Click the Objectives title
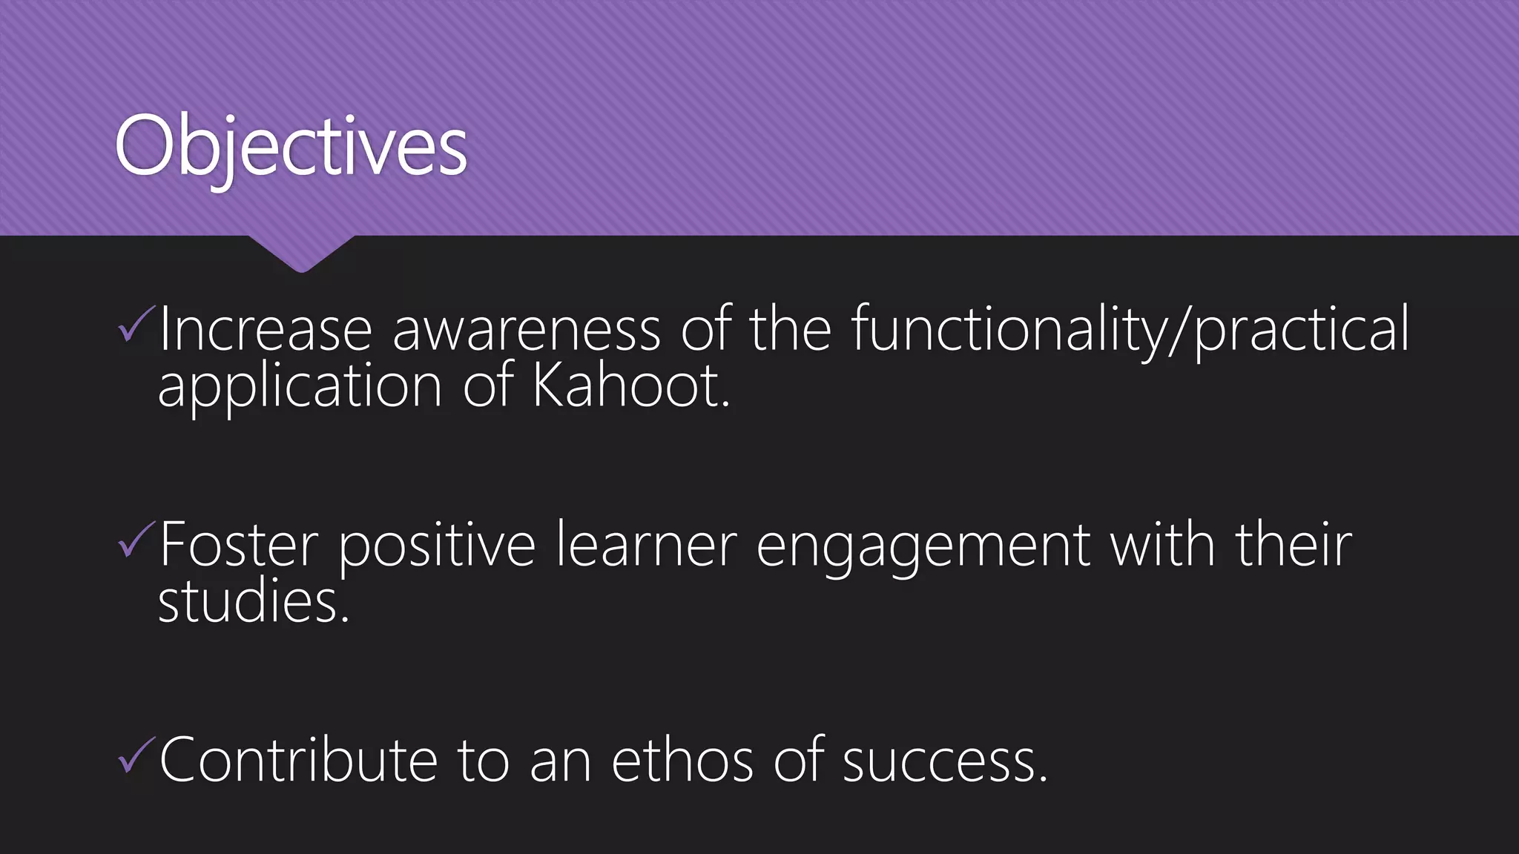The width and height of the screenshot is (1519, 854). (x=291, y=147)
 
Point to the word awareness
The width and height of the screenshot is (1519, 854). (x=526, y=329)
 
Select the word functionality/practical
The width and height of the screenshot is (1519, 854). (x=1130, y=329)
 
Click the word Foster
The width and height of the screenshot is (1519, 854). (x=239, y=545)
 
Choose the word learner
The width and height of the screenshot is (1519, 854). (x=646, y=545)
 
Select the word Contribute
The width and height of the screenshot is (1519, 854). (x=299, y=760)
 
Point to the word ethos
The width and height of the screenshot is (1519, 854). (x=682, y=760)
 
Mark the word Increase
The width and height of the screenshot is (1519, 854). (x=266, y=329)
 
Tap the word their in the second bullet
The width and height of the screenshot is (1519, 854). (x=1294, y=545)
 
